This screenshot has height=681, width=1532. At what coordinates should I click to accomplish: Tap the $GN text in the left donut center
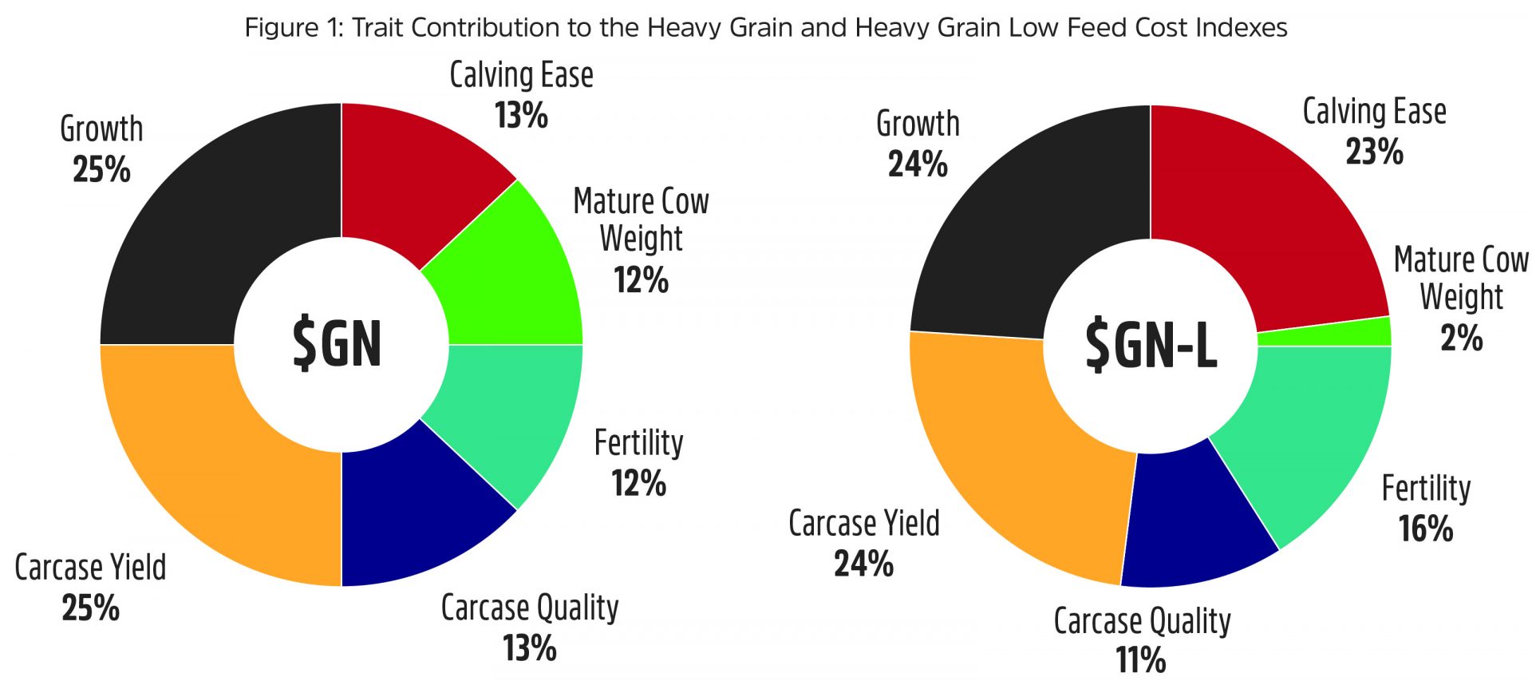click(338, 343)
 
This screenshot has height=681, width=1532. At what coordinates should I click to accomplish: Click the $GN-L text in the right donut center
click(1151, 345)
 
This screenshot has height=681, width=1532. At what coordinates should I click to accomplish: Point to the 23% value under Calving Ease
click(1374, 152)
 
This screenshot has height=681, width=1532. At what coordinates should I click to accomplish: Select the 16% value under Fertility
click(1426, 529)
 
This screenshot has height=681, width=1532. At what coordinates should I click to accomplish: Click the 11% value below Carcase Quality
click(1140, 660)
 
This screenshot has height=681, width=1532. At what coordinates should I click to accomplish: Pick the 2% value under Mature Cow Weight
click(1461, 338)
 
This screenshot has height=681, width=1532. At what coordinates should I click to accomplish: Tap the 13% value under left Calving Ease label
click(521, 115)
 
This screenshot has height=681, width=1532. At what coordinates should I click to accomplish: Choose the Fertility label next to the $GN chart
click(638, 443)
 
